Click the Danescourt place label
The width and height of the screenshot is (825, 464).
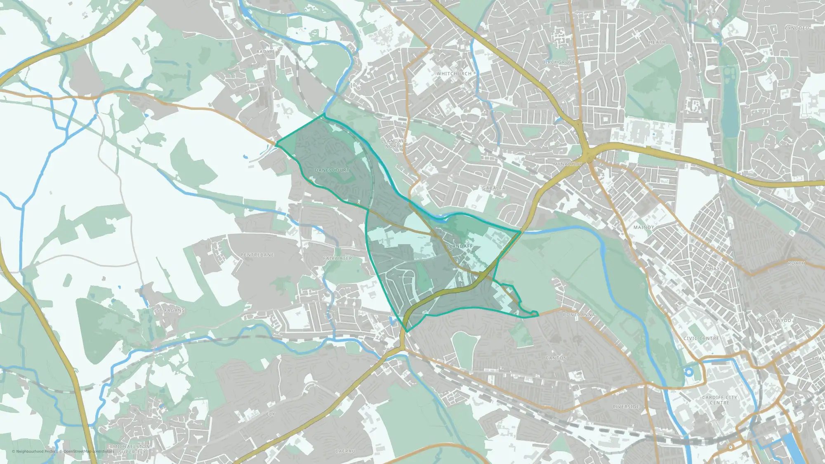(332, 170)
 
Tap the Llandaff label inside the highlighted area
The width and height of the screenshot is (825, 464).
(460, 246)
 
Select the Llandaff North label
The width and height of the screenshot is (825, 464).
(394, 144)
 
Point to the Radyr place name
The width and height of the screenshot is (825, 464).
(265, 52)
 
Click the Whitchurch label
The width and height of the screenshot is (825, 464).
(454, 74)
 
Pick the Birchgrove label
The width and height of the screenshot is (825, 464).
(559, 62)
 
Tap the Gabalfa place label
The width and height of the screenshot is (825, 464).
(494, 188)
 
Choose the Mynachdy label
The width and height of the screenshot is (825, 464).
(568, 164)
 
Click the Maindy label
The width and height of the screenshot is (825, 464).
(643, 228)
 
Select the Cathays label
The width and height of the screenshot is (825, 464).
(711, 269)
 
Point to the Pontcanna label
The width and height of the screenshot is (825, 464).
(579, 315)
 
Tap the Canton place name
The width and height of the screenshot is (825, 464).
(556, 358)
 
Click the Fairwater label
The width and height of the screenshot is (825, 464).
(337, 259)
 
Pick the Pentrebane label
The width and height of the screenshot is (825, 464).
(257, 255)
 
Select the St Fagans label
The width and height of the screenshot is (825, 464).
(170, 311)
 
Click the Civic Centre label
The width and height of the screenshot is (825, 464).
(701, 339)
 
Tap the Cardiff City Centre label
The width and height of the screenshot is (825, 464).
(719, 400)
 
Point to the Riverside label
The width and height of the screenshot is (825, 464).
(626, 407)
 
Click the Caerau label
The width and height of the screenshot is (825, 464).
(345, 452)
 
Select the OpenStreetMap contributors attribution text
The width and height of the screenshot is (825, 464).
(88, 452)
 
